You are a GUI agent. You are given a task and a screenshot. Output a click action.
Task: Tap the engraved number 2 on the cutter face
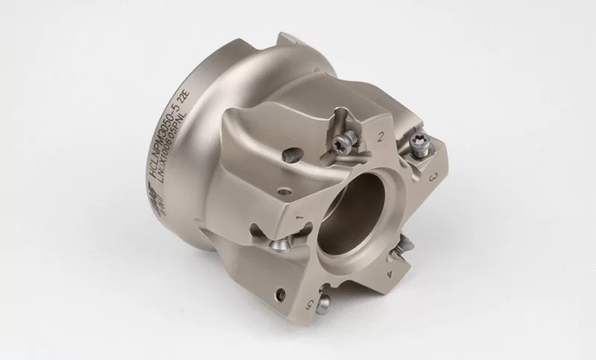tap(381, 136)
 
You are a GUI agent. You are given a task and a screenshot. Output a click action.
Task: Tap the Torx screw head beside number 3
tap(420, 148)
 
